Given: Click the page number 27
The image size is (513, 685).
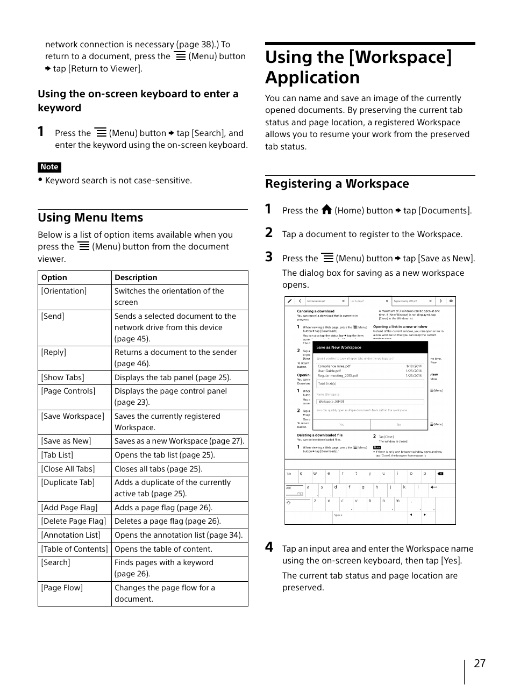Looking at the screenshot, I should [479, 663].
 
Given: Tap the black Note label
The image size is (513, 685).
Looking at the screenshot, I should [49, 167].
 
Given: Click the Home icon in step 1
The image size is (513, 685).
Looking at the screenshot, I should [326, 210].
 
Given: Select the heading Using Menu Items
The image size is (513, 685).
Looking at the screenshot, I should [90, 218].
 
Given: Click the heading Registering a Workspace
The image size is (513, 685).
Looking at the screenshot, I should [337, 184].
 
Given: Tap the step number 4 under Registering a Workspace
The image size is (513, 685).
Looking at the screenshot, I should [269, 547].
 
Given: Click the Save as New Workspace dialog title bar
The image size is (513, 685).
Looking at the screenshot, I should [371, 347].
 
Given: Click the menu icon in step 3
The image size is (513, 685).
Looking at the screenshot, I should [327, 258].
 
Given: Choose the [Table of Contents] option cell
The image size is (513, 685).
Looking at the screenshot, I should [74, 549].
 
